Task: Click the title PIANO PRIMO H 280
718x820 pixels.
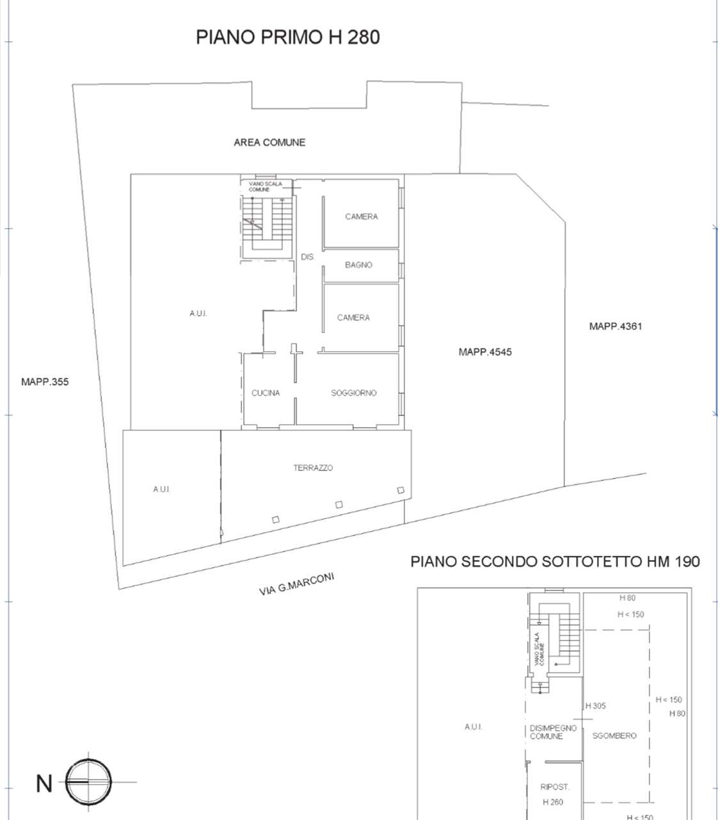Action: [x=288, y=37]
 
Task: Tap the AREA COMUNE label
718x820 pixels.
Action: [x=269, y=142]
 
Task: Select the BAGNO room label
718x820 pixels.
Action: [x=358, y=265]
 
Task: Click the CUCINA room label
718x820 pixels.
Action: [x=266, y=393]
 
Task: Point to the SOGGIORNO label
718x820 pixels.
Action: [x=354, y=393]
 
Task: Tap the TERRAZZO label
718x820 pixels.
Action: [x=313, y=468]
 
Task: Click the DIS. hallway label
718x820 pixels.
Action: [x=308, y=257]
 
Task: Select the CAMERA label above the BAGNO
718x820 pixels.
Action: [x=362, y=217]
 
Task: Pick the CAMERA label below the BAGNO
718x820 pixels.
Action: [x=353, y=317]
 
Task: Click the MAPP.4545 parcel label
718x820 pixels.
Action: [x=485, y=352]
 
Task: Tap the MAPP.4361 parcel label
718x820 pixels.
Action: [x=616, y=326]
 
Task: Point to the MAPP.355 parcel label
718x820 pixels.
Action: [x=45, y=382]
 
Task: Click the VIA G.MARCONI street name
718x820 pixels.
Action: [x=297, y=584]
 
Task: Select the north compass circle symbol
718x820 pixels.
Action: [x=88, y=782]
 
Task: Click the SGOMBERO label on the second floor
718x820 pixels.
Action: [x=614, y=735]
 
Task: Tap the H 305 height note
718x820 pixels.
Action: [x=596, y=706]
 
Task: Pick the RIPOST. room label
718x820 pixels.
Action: [x=555, y=787]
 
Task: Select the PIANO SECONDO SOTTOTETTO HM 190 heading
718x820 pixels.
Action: [x=555, y=561]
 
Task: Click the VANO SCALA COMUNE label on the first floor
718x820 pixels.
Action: [x=265, y=186]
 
